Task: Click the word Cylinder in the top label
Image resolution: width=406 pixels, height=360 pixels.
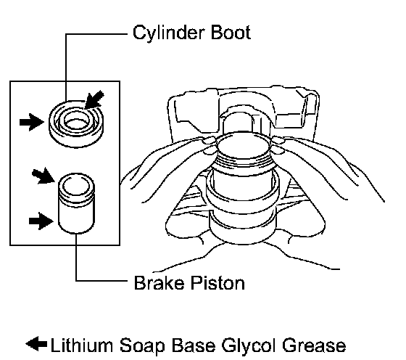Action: [x=168, y=33]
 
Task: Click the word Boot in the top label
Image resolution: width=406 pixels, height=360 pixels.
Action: [x=231, y=33]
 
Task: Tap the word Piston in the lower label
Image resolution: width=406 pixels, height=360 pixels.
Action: [x=217, y=283]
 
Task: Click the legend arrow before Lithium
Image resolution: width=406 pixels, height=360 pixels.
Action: [x=36, y=344]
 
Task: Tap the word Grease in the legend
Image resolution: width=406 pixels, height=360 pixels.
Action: [x=314, y=345]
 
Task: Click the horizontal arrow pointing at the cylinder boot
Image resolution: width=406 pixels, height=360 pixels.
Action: [x=32, y=122]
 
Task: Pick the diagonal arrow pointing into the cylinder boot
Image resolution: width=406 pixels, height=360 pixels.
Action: [x=94, y=100]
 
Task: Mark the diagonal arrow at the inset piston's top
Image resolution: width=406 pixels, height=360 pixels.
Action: [x=43, y=176]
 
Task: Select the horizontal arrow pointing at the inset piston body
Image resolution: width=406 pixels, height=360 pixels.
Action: [x=41, y=221]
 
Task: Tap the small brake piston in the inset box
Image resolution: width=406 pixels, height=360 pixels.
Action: [x=76, y=203]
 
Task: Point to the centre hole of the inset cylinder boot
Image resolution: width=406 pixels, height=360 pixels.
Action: [x=76, y=123]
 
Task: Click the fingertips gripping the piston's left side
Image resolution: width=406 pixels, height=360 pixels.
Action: [x=210, y=146]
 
